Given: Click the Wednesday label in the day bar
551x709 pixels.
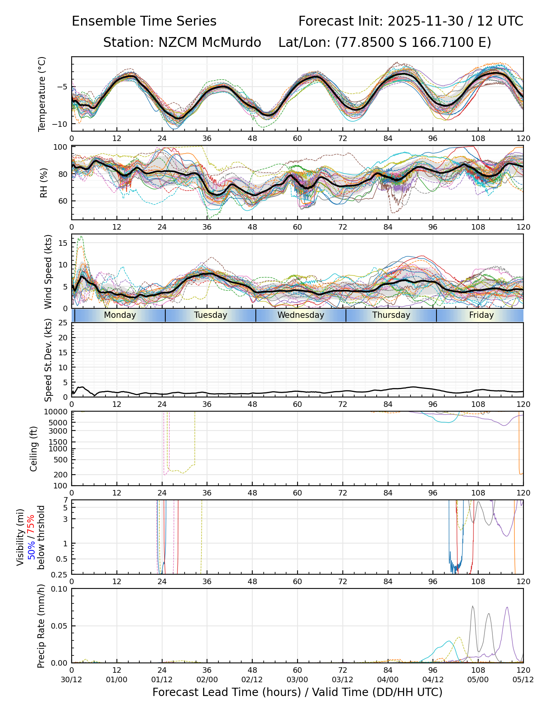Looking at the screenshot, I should tap(301, 315).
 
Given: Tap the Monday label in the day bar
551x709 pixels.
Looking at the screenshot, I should tap(120, 315).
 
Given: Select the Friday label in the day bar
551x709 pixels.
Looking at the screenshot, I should tap(481, 315).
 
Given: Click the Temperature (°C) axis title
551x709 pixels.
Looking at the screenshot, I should tap(42, 94).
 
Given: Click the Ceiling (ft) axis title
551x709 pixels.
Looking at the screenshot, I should tap(34, 449).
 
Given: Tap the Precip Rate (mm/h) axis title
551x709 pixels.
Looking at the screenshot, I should tap(41, 626).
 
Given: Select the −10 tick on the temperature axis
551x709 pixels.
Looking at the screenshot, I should tap(61, 124).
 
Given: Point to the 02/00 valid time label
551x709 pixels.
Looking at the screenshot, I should tap(207, 679).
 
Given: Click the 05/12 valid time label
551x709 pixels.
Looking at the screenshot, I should tap(523, 679).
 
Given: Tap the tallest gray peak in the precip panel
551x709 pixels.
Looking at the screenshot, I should tap(473, 607).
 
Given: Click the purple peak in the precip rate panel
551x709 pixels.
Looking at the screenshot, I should tap(507, 607).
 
